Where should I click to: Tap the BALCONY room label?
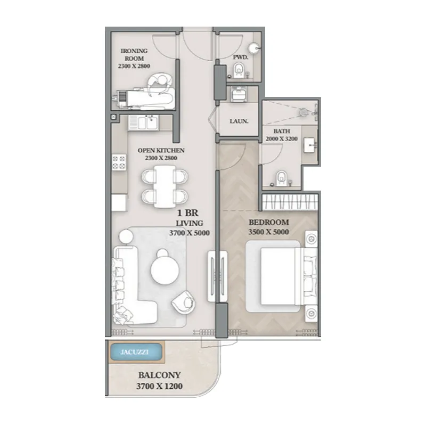click(x=159, y=375)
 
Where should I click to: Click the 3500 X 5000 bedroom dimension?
click(x=268, y=232)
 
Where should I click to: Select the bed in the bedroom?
click(x=282, y=276)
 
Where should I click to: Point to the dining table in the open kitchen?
click(x=165, y=186)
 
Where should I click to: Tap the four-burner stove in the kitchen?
click(x=119, y=162)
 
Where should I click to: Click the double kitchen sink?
click(x=143, y=123)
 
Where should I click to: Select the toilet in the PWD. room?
click(x=239, y=71)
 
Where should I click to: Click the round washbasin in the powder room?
click(x=255, y=48)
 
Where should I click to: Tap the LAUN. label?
click(x=239, y=121)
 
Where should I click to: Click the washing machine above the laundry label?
click(x=239, y=94)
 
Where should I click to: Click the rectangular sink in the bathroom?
click(x=309, y=145)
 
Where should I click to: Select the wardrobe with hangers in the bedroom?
click(x=290, y=202)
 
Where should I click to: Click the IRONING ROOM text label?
click(x=134, y=55)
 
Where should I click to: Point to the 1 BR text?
click(x=188, y=212)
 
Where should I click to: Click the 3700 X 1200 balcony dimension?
click(x=159, y=386)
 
